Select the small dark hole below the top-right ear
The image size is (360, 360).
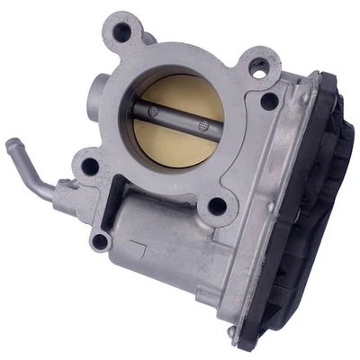point(268,102)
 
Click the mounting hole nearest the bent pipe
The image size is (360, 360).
point(89,166)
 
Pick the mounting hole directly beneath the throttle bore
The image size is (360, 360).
point(217,206)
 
